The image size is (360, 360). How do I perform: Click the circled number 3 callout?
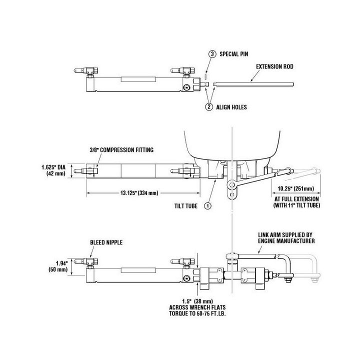pyautogui.click(x=212, y=54)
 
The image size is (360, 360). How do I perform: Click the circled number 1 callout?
pyautogui.click(x=208, y=204)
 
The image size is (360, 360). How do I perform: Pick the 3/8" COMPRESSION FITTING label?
pyautogui.click(x=121, y=149)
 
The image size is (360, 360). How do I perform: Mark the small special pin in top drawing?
pyautogui.click(x=205, y=77)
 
